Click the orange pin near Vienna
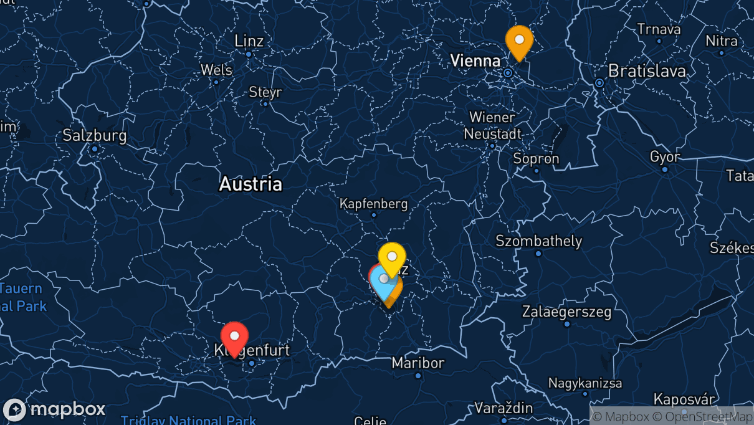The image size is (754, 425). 519,40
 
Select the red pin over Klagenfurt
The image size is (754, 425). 234,337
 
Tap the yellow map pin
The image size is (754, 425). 392,257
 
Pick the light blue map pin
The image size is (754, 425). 383,282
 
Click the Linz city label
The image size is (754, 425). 249,41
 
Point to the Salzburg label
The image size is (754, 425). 94,135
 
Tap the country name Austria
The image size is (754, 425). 251,184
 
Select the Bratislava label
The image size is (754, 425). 647,70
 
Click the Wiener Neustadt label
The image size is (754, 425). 492,125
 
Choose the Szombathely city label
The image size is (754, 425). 538,241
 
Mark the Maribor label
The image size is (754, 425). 418,363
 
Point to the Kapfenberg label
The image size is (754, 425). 373,204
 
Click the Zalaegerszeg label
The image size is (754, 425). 566,312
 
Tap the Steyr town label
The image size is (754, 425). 265,92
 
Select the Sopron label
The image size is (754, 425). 536,158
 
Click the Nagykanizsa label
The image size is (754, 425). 585,383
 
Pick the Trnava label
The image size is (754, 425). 658,29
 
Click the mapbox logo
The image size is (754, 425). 54,409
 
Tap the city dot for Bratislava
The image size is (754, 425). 599,83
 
